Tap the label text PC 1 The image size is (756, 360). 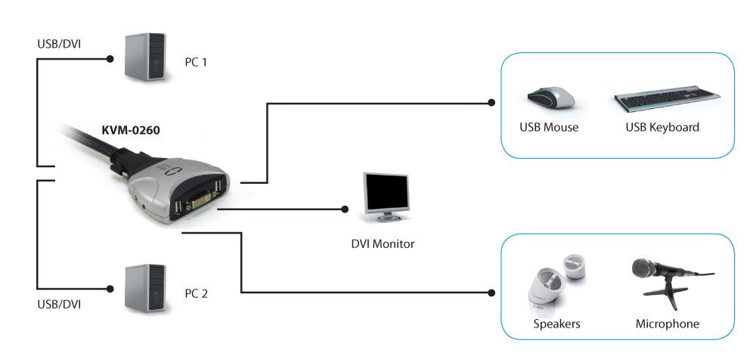(196, 62)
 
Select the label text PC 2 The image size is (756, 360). (196, 293)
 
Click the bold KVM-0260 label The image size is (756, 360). (131, 129)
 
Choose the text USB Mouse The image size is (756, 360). (549, 127)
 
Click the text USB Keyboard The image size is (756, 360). (662, 127)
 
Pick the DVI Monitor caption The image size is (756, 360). (383, 244)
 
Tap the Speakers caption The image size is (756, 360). (556, 324)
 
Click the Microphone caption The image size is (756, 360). (668, 324)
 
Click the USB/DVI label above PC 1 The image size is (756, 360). (60, 43)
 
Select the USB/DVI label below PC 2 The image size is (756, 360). (60, 304)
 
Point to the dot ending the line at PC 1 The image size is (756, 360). (110, 57)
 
